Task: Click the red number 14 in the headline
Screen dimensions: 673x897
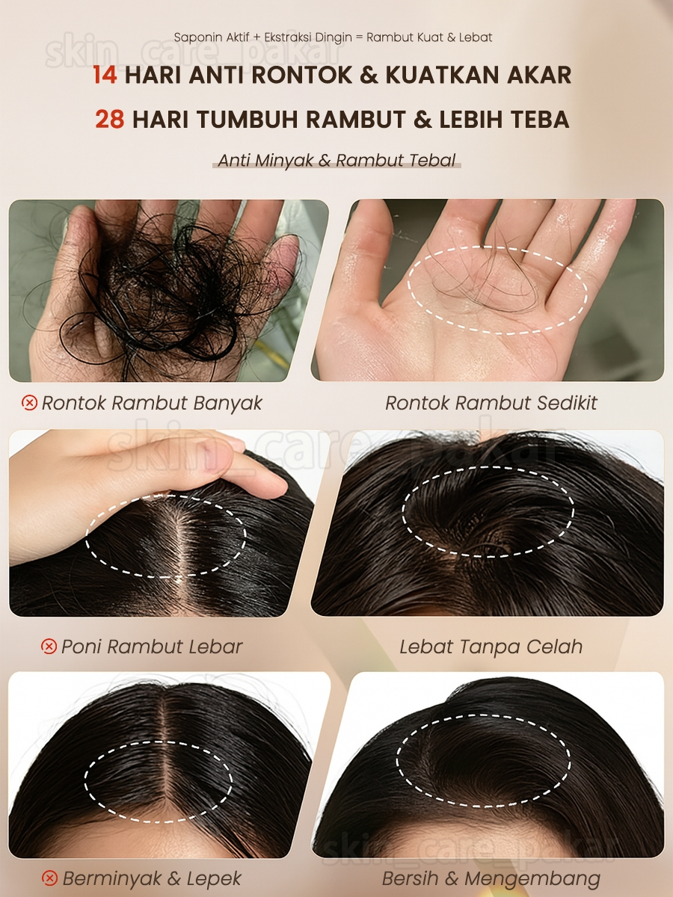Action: point(105,75)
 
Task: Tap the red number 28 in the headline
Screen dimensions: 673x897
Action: point(109,119)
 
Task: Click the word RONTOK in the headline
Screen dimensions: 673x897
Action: point(301,75)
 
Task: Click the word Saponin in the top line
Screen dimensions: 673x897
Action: point(194,37)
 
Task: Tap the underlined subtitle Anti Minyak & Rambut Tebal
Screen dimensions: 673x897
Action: point(336,160)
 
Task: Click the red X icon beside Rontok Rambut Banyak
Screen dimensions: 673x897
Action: point(29,403)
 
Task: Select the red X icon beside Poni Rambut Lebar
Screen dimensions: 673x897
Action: point(49,646)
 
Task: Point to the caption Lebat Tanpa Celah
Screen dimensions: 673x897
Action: point(491,647)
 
